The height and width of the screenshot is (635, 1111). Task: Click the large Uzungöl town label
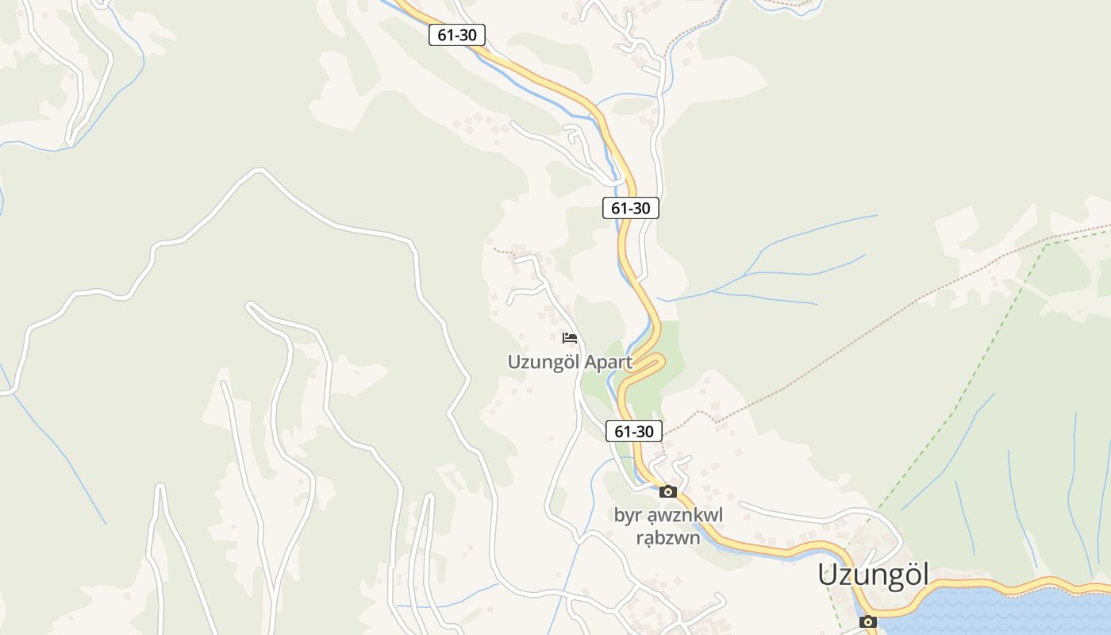[x=873, y=575]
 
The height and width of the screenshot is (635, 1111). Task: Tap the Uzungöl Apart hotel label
[x=570, y=363]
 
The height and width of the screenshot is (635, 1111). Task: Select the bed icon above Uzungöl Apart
[x=569, y=338]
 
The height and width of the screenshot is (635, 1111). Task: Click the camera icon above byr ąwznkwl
[x=667, y=491]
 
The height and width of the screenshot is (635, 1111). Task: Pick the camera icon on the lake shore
[x=867, y=622]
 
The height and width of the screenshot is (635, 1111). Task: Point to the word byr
[x=626, y=516]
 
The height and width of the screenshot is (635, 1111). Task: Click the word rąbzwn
[x=668, y=538]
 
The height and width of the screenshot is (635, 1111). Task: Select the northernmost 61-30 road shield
[x=456, y=35]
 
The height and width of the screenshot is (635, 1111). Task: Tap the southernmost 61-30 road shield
[x=634, y=431]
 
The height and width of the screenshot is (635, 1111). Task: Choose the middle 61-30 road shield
[x=630, y=208]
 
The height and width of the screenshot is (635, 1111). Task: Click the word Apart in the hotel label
[x=608, y=363]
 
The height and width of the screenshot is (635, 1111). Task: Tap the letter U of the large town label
[x=828, y=575]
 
